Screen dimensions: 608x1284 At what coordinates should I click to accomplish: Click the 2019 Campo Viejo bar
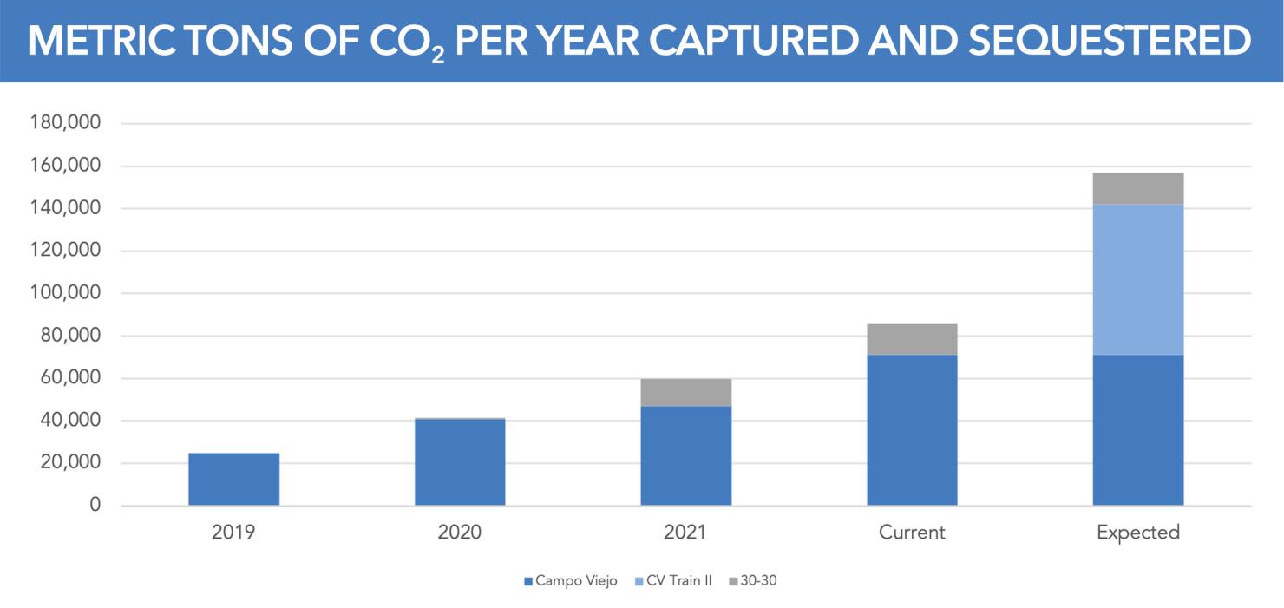coord(233,479)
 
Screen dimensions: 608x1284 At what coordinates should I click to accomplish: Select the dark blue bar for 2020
coord(460,461)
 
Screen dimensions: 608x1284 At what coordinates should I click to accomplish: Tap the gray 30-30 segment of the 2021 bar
coord(685,392)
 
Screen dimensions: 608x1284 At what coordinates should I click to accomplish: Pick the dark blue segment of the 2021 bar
coord(685,455)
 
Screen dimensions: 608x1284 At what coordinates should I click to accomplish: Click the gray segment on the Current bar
coord(912,339)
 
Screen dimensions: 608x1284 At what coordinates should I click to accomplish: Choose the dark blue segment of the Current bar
coord(912,430)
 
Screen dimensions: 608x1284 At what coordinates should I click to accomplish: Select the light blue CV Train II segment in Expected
coord(1137,279)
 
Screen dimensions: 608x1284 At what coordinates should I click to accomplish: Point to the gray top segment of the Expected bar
coord(1137,188)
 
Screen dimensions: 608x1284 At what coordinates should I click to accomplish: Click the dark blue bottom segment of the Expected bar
coord(1137,430)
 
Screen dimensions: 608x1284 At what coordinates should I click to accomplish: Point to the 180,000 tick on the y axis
coord(66,123)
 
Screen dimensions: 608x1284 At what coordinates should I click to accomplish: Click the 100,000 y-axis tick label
coord(66,293)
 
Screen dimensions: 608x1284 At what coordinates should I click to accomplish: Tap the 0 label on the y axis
coord(96,506)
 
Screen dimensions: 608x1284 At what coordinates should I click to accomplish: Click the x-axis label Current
coord(912,533)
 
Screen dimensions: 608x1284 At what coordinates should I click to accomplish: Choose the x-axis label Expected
coord(1137,533)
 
